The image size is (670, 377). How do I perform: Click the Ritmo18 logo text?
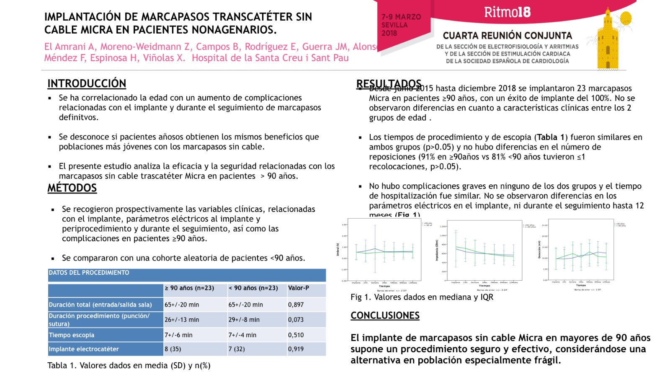coord(507,12)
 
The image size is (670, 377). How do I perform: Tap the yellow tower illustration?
coord(608,42)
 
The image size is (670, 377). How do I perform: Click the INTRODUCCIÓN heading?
coord(87,83)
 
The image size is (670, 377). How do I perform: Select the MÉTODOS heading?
coord(72,188)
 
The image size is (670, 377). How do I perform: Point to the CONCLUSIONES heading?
coord(385,315)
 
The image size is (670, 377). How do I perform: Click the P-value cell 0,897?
coord(296,305)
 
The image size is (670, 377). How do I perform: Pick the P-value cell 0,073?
coord(296,320)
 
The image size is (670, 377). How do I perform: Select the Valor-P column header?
coord(298,288)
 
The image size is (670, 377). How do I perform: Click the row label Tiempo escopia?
coord(72,335)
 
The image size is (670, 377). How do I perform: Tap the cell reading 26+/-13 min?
coord(182,320)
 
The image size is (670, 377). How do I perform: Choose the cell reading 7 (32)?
coord(237,349)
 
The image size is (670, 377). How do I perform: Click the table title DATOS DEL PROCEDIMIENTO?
coord(89,273)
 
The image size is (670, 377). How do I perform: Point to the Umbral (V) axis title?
coord(338,250)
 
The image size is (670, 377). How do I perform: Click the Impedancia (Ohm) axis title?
coord(437,250)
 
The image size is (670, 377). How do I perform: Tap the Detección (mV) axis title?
coord(539,250)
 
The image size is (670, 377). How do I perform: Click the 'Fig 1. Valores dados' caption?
coord(422,297)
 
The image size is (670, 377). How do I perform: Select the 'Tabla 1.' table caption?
coord(129,365)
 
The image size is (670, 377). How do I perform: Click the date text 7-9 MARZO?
coord(401,17)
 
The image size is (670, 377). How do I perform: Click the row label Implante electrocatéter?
coord(84,349)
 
